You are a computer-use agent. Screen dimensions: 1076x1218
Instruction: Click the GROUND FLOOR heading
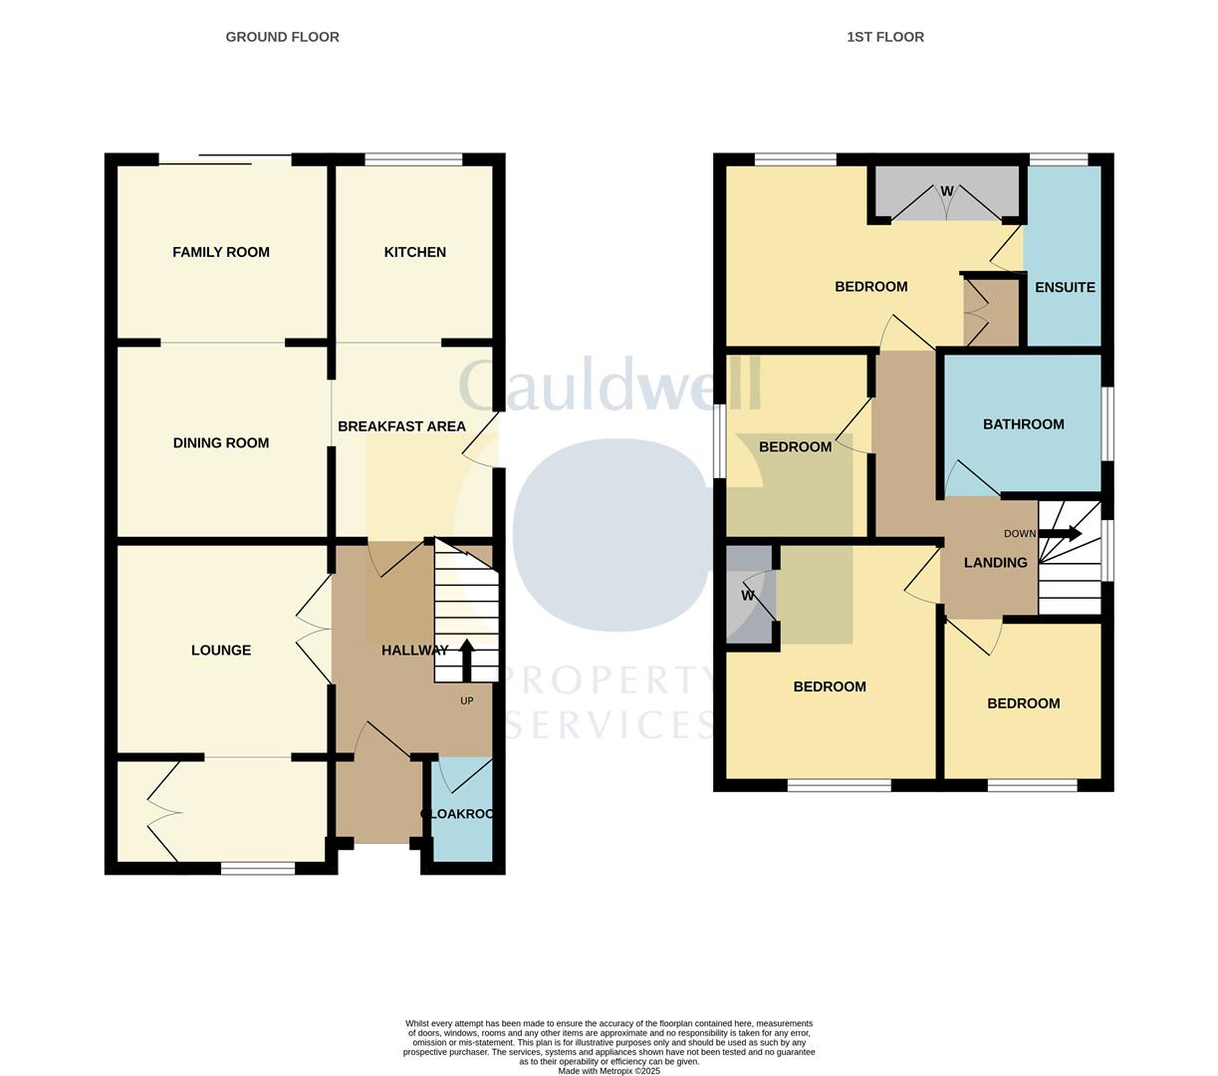pyautogui.click(x=282, y=37)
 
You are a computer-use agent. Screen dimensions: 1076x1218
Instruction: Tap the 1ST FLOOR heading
pyautogui.click(x=884, y=37)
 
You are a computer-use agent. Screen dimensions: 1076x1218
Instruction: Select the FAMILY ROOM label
pyautogui.click(x=221, y=252)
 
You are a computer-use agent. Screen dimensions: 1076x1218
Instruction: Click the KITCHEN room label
pyautogui.click(x=414, y=252)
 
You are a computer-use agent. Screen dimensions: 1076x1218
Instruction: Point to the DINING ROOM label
pyautogui.click(x=221, y=443)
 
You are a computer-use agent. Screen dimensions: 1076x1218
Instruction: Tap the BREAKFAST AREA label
pyautogui.click(x=401, y=426)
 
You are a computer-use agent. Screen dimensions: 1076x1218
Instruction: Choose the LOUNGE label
pyautogui.click(x=221, y=651)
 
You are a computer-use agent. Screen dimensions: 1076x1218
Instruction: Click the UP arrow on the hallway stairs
pyautogui.click(x=466, y=659)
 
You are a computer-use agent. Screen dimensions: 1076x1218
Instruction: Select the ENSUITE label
pyautogui.click(x=1065, y=287)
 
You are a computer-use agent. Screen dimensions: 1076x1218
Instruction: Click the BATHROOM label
pyautogui.click(x=1023, y=424)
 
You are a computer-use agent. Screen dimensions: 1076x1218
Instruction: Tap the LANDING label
pyautogui.click(x=995, y=563)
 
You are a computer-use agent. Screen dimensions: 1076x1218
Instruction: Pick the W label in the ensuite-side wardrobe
pyautogui.click(x=947, y=191)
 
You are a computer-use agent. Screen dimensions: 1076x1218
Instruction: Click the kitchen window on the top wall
pyautogui.click(x=413, y=159)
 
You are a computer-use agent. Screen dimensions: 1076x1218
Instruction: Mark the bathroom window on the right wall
pyautogui.click(x=1106, y=423)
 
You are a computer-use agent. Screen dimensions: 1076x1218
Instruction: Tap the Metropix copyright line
pyautogui.click(x=609, y=1071)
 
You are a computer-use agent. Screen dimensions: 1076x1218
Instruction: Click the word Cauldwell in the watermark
pyautogui.click(x=609, y=386)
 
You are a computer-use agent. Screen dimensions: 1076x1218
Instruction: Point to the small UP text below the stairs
pyautogui.click(x=466, y=701)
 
